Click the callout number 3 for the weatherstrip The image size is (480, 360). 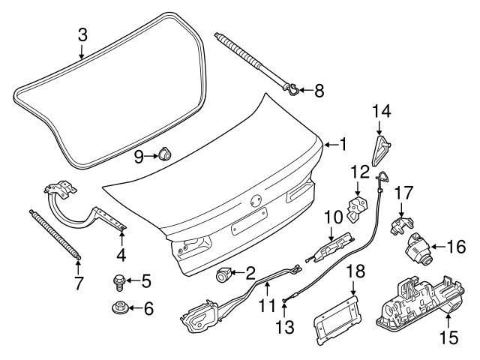[82, 34]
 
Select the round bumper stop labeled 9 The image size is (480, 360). [163, 155]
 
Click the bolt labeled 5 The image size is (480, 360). [117, 282]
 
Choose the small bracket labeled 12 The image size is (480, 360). [358, 204]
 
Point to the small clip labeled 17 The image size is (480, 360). [400, 223]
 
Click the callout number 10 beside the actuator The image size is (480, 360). [332, 217]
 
